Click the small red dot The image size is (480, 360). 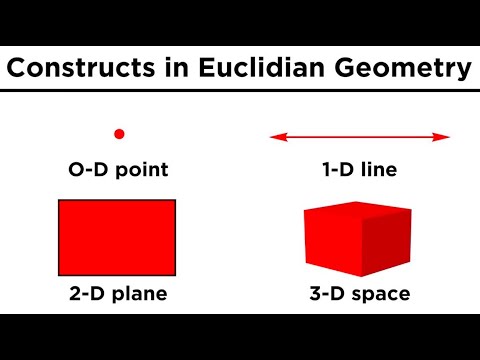(x=119, y=133)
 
